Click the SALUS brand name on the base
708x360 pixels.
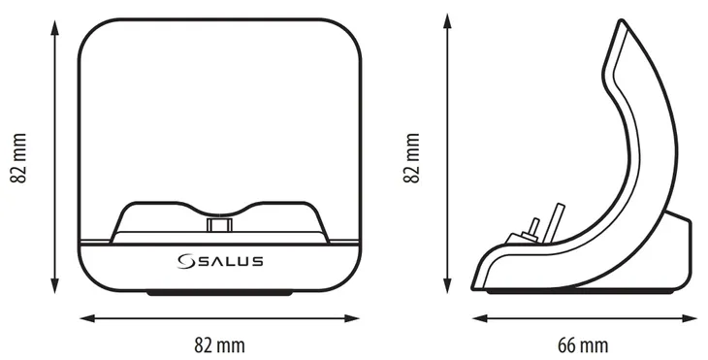pyautogui.click(x=229, y=261)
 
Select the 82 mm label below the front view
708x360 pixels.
pyautogui.click(x=219, y=344)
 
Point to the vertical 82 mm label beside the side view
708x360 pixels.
pyautogui.click(x=412, y=156)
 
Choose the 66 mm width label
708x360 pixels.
pyautogui.click(x=584, y=344)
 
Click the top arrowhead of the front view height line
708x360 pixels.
pyautogui.click(x=51, y=22)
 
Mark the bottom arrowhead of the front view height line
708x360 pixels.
pyautogui.click(x=51, y=287)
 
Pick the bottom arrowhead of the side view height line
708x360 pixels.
pyautogui.click(x=447, y=287)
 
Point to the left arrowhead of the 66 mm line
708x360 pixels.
pyautogui.click(x=477, y=317)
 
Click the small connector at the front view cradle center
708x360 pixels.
pyautogui.click(x=218, y=225)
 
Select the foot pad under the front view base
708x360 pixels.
pyautogui.click(x=218, y=291)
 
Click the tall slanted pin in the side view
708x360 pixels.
pyautogui.click(x=554, y=220)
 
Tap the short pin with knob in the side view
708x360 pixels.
pyautogui.click(x=531, y=229)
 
